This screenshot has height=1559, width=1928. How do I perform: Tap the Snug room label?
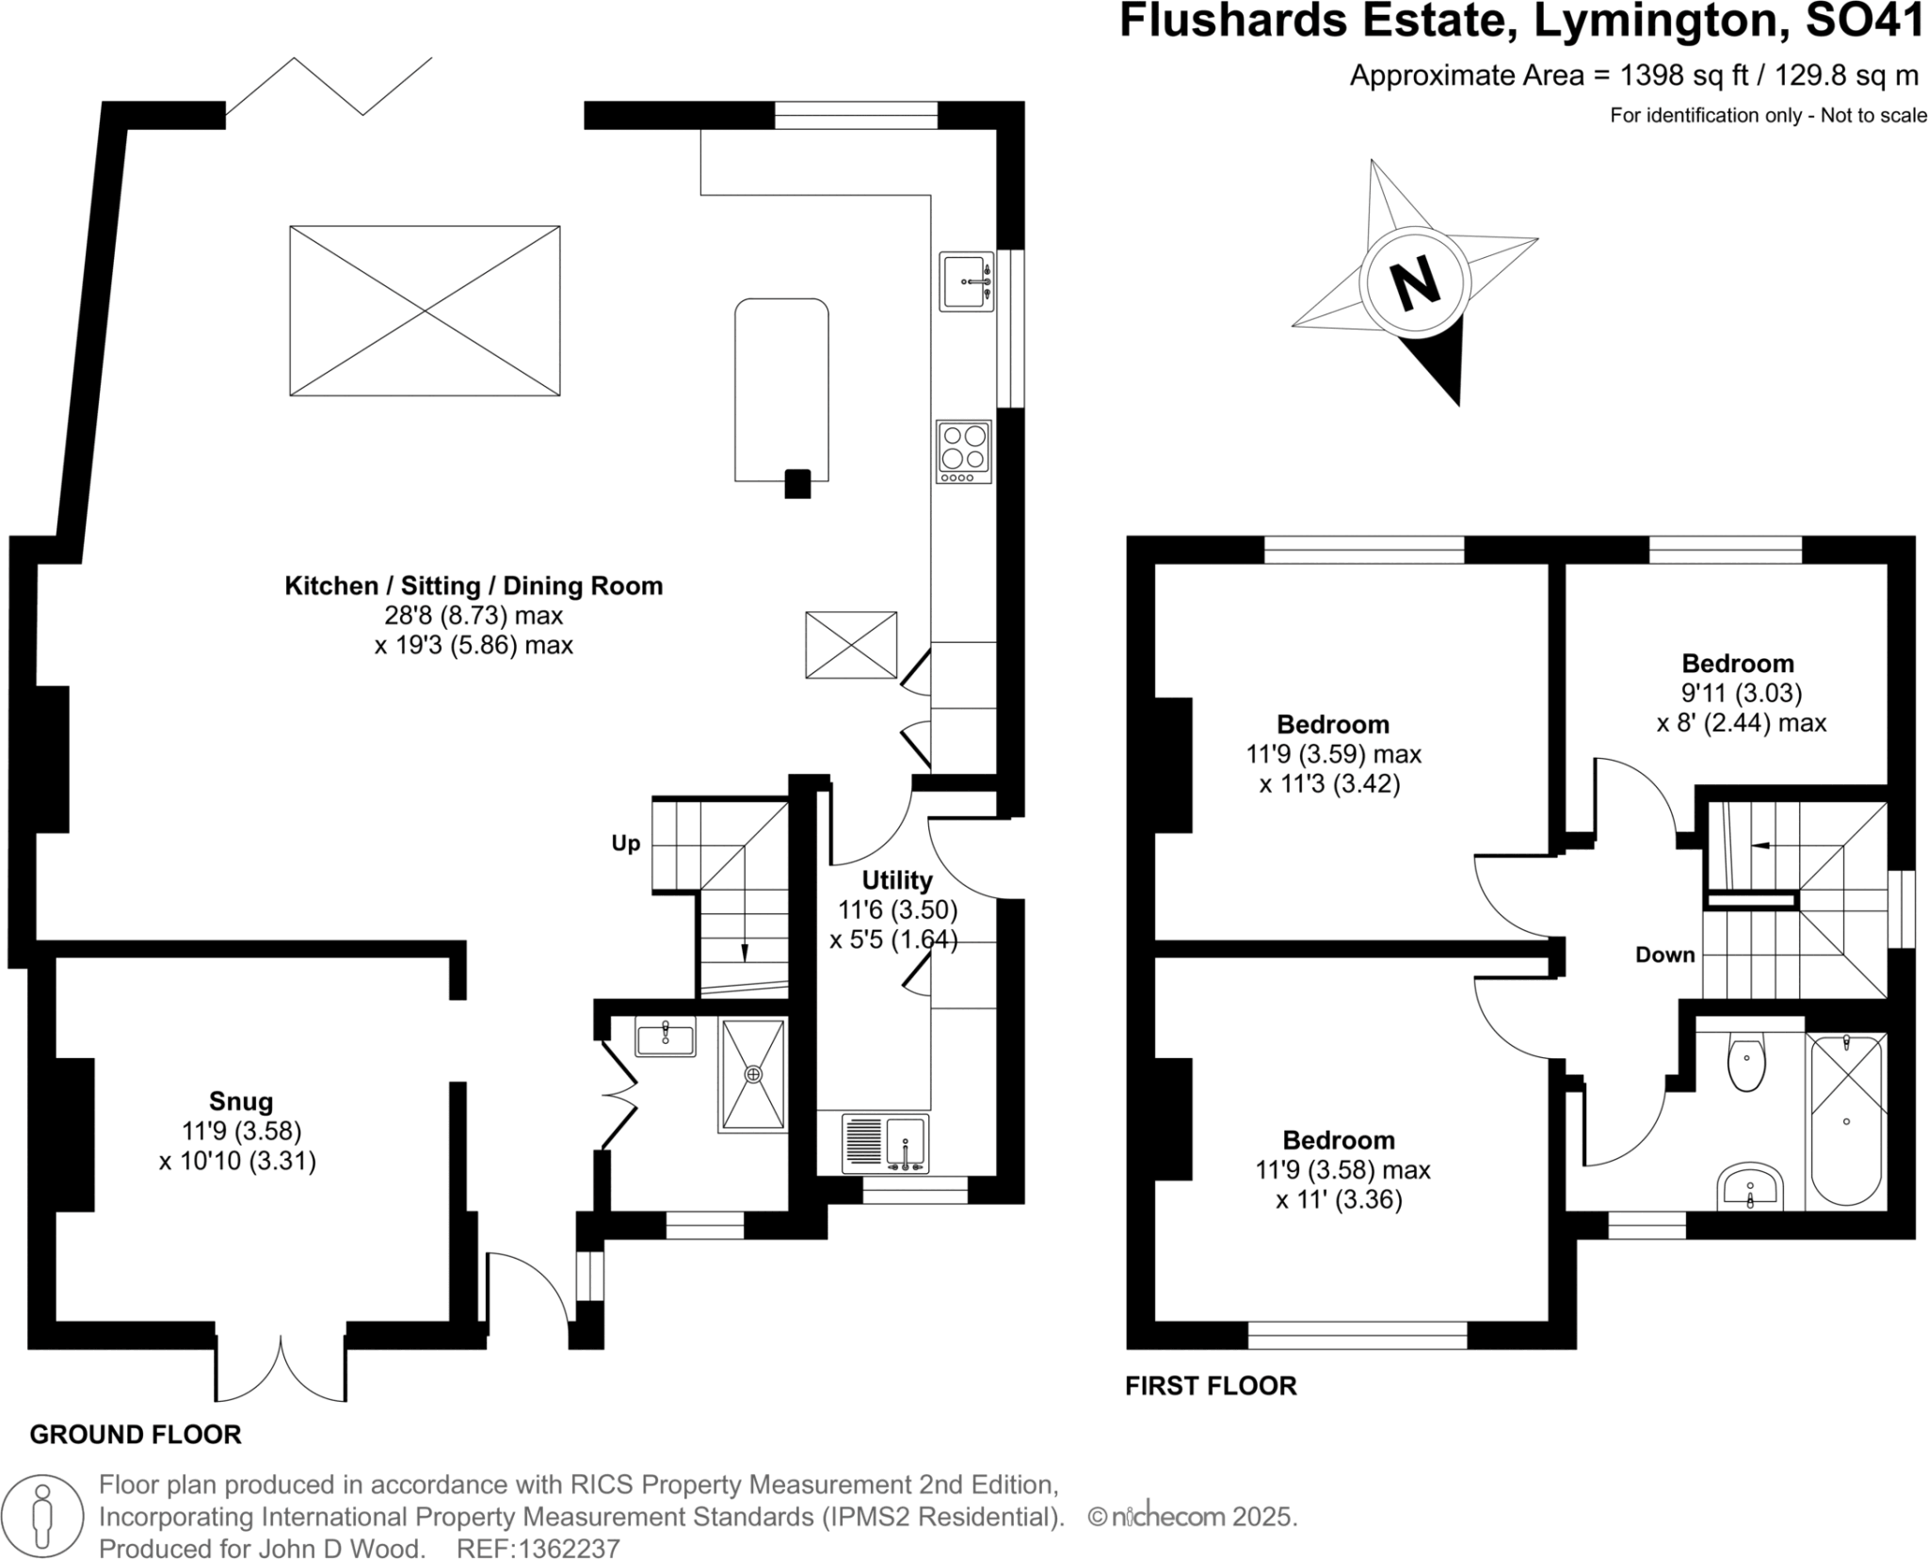click(241, 1101)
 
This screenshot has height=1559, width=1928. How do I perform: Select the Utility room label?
click(897, 880)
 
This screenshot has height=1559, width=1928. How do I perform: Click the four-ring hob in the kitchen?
click(964, 451)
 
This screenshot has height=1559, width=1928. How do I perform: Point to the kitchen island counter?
click(781, 389)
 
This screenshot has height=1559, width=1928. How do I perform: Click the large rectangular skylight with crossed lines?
click(425, 311)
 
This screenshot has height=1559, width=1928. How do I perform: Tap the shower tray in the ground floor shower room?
click(753, 1074)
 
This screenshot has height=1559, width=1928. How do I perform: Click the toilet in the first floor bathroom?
click(1746, 1064)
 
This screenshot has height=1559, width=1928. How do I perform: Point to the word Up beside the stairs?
click(625, 844)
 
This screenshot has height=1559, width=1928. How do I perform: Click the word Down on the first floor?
click(1664, 955)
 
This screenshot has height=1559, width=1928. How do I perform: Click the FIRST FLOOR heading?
click(1211, 1386)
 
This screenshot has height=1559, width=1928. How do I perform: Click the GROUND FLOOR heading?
click(136, 1435)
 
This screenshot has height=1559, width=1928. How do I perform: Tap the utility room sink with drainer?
click(886, 1143)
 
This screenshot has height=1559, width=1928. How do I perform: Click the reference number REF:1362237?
click(538, 1549)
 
